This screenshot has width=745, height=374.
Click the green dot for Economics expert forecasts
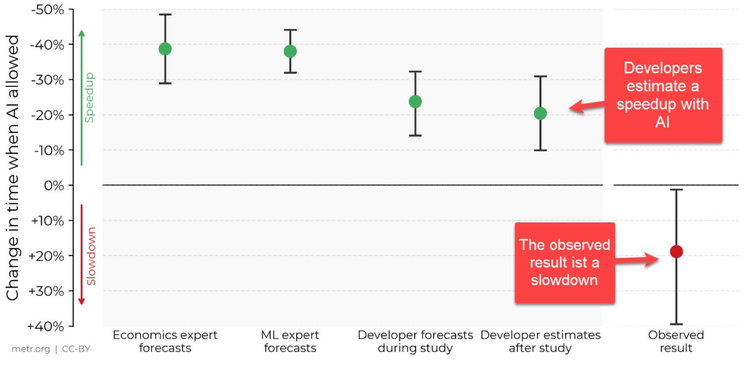165,49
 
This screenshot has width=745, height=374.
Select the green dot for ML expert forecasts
290,51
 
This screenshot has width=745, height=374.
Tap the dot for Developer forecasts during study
415,101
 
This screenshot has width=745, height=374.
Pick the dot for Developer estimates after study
540,113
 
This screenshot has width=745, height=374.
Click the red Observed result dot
676,252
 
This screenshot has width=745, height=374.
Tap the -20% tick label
48,115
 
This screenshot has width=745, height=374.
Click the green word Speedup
89,98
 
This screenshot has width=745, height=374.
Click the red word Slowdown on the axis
91,257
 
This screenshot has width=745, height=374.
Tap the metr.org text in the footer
30,349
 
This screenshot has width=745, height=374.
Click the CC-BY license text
76,349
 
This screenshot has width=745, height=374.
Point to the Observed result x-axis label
676,341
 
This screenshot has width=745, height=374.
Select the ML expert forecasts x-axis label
290,341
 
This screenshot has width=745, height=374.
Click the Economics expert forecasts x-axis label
165,341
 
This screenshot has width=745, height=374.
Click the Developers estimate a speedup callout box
663,95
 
